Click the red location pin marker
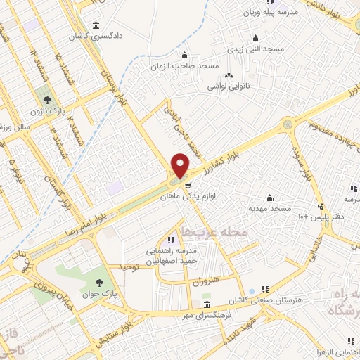point(181,166)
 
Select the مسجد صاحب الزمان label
point(185,66)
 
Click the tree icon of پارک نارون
point(47,101)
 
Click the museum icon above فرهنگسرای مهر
point(206,305)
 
